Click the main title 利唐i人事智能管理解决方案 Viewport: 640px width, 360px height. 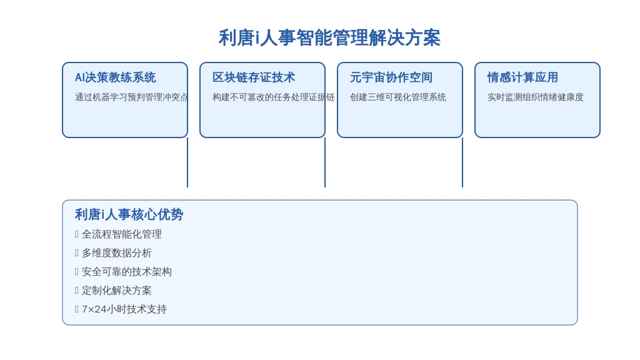coord(329,38)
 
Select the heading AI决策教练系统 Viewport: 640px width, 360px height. coord(116,77)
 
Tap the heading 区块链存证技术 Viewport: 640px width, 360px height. coord(254,77)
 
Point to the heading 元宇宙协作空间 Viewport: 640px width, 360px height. coord(391,77)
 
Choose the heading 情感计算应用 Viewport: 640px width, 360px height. coord(522,77)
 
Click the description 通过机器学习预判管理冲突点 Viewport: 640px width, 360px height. coord(131,97)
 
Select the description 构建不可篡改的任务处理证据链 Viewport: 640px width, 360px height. coord(274,97)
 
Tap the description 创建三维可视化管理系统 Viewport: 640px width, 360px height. coord(398,97)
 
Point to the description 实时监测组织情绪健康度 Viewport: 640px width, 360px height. coord(536,97)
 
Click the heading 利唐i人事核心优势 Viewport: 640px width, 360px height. coord(129,215)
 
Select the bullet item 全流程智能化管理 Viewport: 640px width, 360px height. coord(122,234)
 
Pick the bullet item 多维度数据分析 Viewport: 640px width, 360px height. coord(117,253)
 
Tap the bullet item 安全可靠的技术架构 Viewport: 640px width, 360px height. coord(126,272)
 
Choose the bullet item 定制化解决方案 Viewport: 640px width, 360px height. coord(117,291)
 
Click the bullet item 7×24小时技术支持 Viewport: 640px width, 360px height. coord(124,309)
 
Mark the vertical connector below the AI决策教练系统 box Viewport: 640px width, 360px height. coord(187,162)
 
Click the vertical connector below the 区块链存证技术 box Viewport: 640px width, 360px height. coord(325,162)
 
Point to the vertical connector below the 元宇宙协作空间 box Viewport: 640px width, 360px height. coord(462,162)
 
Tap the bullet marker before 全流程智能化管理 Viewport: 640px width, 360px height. coord(77,234)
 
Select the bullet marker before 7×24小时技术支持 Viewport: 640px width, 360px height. coord(77,309)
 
